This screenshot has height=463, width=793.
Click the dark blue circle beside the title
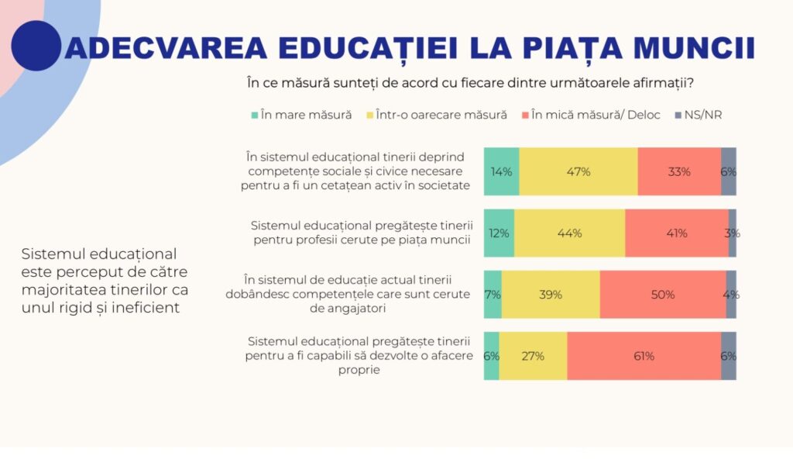tap(36, 46)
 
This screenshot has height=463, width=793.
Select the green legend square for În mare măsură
tap(254, 116)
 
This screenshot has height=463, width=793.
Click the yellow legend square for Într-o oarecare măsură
tap(369, 116)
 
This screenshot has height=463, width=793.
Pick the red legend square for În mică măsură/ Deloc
tap(525, 116)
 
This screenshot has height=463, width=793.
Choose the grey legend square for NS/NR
tap(678, 116)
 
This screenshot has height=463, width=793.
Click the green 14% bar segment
tap(501, 171)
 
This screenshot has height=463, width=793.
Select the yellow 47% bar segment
tap(578, 171)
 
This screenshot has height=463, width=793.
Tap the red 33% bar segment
tap(679, 171)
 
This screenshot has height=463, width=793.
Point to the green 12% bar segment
tap(499, 233)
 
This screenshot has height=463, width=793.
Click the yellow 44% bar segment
tap(569, 233)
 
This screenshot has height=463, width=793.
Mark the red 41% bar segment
tap(676, 233)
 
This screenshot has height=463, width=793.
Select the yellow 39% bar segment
tap(551, 295)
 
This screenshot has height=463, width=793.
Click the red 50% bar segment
tap(662, 295)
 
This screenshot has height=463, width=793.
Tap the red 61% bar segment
tap(644, 356)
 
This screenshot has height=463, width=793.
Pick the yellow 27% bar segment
tap(533, 356)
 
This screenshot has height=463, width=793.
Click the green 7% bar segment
tap(493, 295)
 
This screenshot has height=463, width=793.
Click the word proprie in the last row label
tap(359, 371)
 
